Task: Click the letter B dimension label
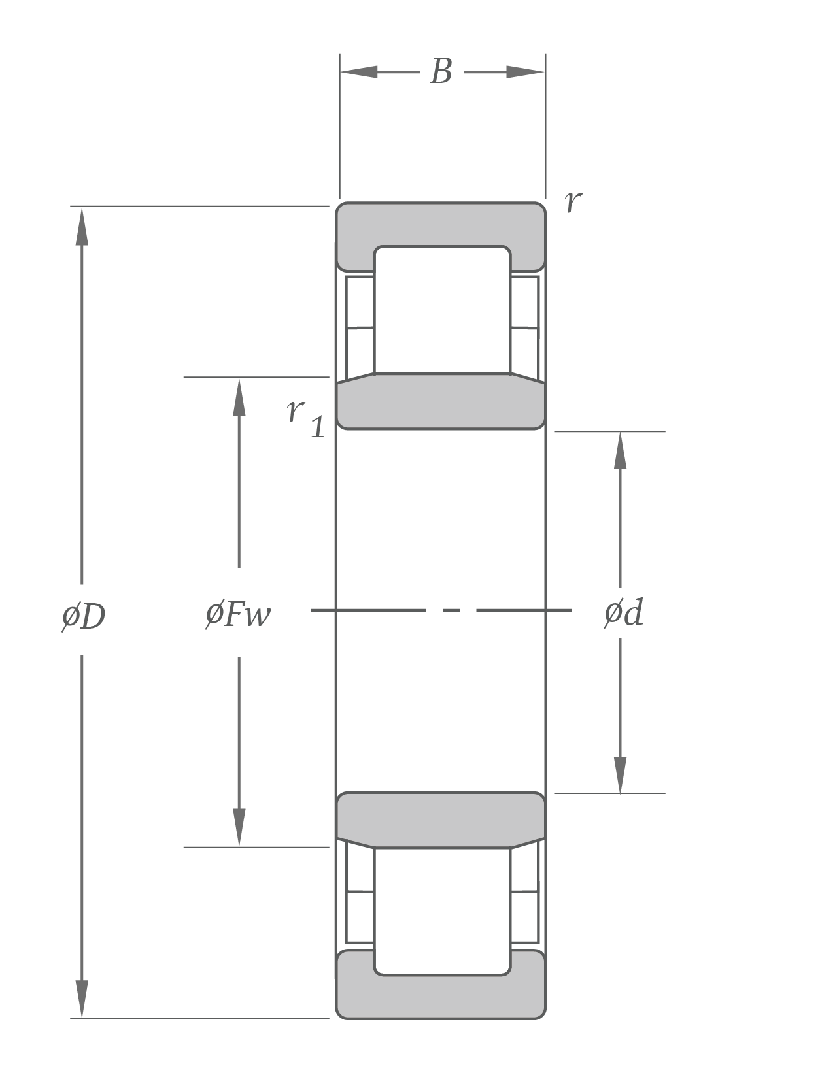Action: (441, 71)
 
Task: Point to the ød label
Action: (623, 614)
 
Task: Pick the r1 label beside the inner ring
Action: (305, 417)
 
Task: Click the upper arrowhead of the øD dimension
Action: (82, 225)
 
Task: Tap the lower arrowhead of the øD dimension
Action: (82, 999)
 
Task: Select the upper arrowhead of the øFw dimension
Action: (239, 397)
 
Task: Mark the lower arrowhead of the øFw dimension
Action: (239, 827)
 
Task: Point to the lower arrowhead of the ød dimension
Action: (620, 775)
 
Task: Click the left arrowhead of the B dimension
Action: (359, 72)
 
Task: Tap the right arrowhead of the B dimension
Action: (526, 72)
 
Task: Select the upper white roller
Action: (442, 310)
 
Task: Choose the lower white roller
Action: (442, 911)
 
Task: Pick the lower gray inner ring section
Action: (441, 818)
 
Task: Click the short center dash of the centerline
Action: (451, 610)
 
